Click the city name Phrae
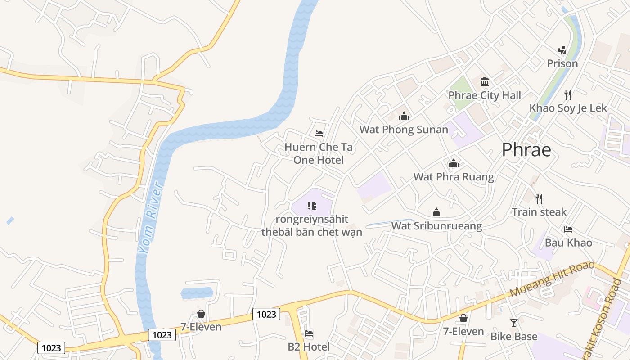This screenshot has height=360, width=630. (x=526, y=150)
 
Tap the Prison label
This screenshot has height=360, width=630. (x=562, y=63)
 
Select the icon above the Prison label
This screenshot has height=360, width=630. (x=562, y=50)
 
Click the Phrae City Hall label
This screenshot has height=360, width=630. (x=485, y=95)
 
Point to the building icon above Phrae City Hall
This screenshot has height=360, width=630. (x=485, y=82)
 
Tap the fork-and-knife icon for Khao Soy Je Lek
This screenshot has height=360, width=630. (x=568, y=94)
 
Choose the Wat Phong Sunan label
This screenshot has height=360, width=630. (x=404, y=130)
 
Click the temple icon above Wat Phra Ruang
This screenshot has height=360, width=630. (x=453, y=163)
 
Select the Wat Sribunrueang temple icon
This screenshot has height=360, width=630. (x=436, y=212)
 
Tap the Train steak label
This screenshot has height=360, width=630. (x=539, y=211)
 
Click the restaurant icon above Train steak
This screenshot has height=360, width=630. (x=539, y=198)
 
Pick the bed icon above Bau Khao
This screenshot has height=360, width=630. (x=568, y=229)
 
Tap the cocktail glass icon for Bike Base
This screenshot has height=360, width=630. (x=513, y=323)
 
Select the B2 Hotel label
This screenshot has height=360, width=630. (x=308, y=346)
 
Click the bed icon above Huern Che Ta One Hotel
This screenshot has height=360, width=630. (x=319, y=134)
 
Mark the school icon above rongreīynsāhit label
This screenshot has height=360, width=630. (x=311, y=206)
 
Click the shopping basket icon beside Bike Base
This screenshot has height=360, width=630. (x=463, y=319)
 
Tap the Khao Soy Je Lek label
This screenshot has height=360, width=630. (x=568, y=108)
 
